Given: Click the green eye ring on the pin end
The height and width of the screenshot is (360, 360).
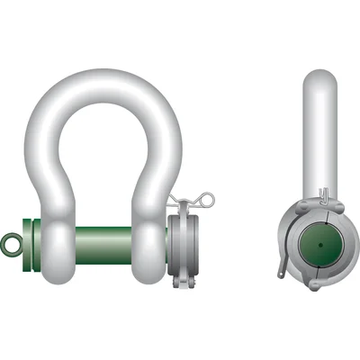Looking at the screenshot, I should (x=11, y=242).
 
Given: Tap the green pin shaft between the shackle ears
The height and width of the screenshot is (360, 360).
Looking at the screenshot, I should (x=101, y=242).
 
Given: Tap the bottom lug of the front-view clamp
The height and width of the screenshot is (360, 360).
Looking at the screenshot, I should (x=186, y=283).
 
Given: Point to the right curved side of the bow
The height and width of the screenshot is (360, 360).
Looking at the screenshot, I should (x=167, y=153).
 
